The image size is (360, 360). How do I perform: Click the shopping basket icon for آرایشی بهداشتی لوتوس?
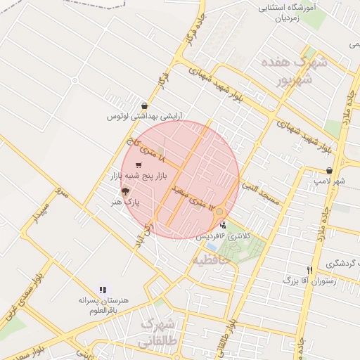pyautogui.click(x=145, y=106)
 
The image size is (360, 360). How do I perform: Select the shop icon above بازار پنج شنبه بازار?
pyautogui.click(x=138, y=165)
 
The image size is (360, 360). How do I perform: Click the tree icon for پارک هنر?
pyautogui.click(x=126, y=191)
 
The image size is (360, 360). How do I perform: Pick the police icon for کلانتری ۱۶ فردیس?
pyautogui.click(x=224, y=225)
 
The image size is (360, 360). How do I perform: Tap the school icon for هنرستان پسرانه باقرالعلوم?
pyautogui.click(x=103, y=289)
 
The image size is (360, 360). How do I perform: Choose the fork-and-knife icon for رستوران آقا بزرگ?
pyautogui.click(x=309, y=270)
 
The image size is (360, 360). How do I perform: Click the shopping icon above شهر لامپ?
pyautogui.click(x=329, y=171)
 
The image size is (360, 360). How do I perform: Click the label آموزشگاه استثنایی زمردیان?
pyautogui.click(x=286, y=14)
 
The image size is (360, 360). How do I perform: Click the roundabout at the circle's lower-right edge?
pyautogui.click(x=219, y=212)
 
